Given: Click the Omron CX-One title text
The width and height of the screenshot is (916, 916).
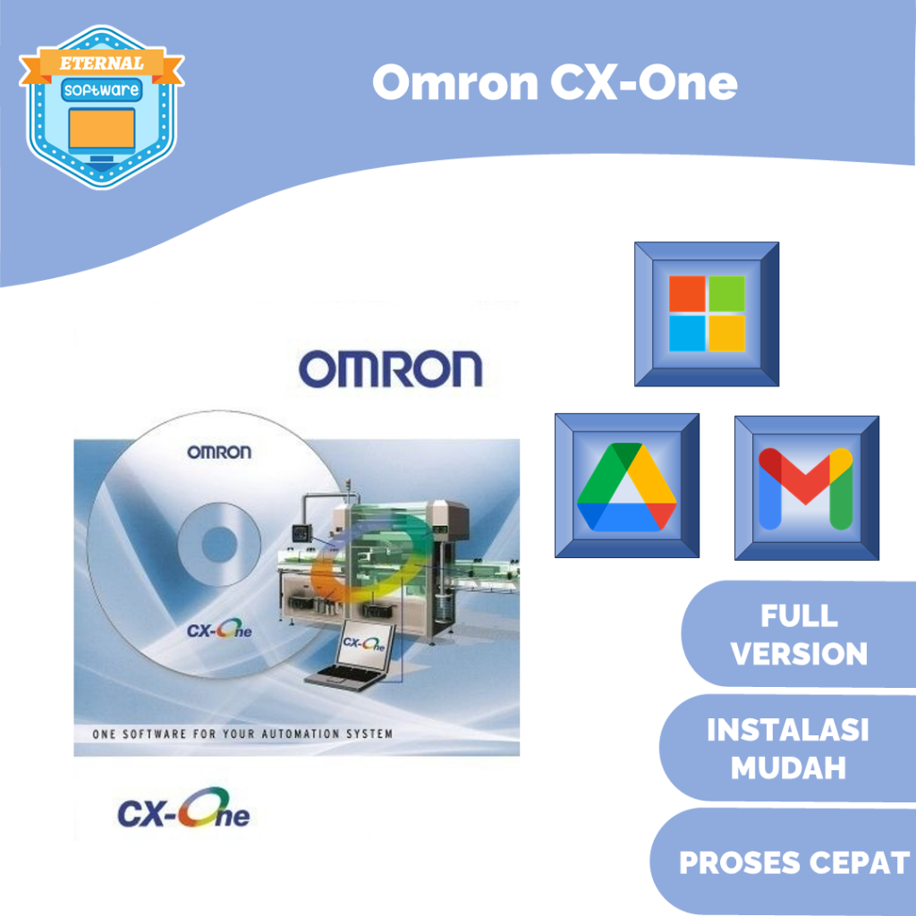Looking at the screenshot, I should pos(555,84).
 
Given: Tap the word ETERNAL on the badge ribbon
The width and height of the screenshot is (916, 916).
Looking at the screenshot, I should pos(101,64).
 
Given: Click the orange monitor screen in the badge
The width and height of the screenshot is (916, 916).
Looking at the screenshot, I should pos(101,128).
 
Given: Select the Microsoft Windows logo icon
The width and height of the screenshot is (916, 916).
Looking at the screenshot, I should pos(707,314).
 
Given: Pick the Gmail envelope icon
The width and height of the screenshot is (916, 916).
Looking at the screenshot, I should pos(806,488).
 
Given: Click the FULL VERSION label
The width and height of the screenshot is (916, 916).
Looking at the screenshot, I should pos(799,634).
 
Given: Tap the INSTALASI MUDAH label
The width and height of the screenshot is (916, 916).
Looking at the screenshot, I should pos(788,749).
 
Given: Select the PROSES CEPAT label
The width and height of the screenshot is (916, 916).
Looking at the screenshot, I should pos(793,863).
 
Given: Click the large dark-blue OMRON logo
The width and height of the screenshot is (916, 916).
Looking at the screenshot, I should pos(390,369).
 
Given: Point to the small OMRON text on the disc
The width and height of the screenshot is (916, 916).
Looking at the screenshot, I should pos(219,452).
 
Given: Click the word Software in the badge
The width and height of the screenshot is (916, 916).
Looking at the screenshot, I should pos(101,91).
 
